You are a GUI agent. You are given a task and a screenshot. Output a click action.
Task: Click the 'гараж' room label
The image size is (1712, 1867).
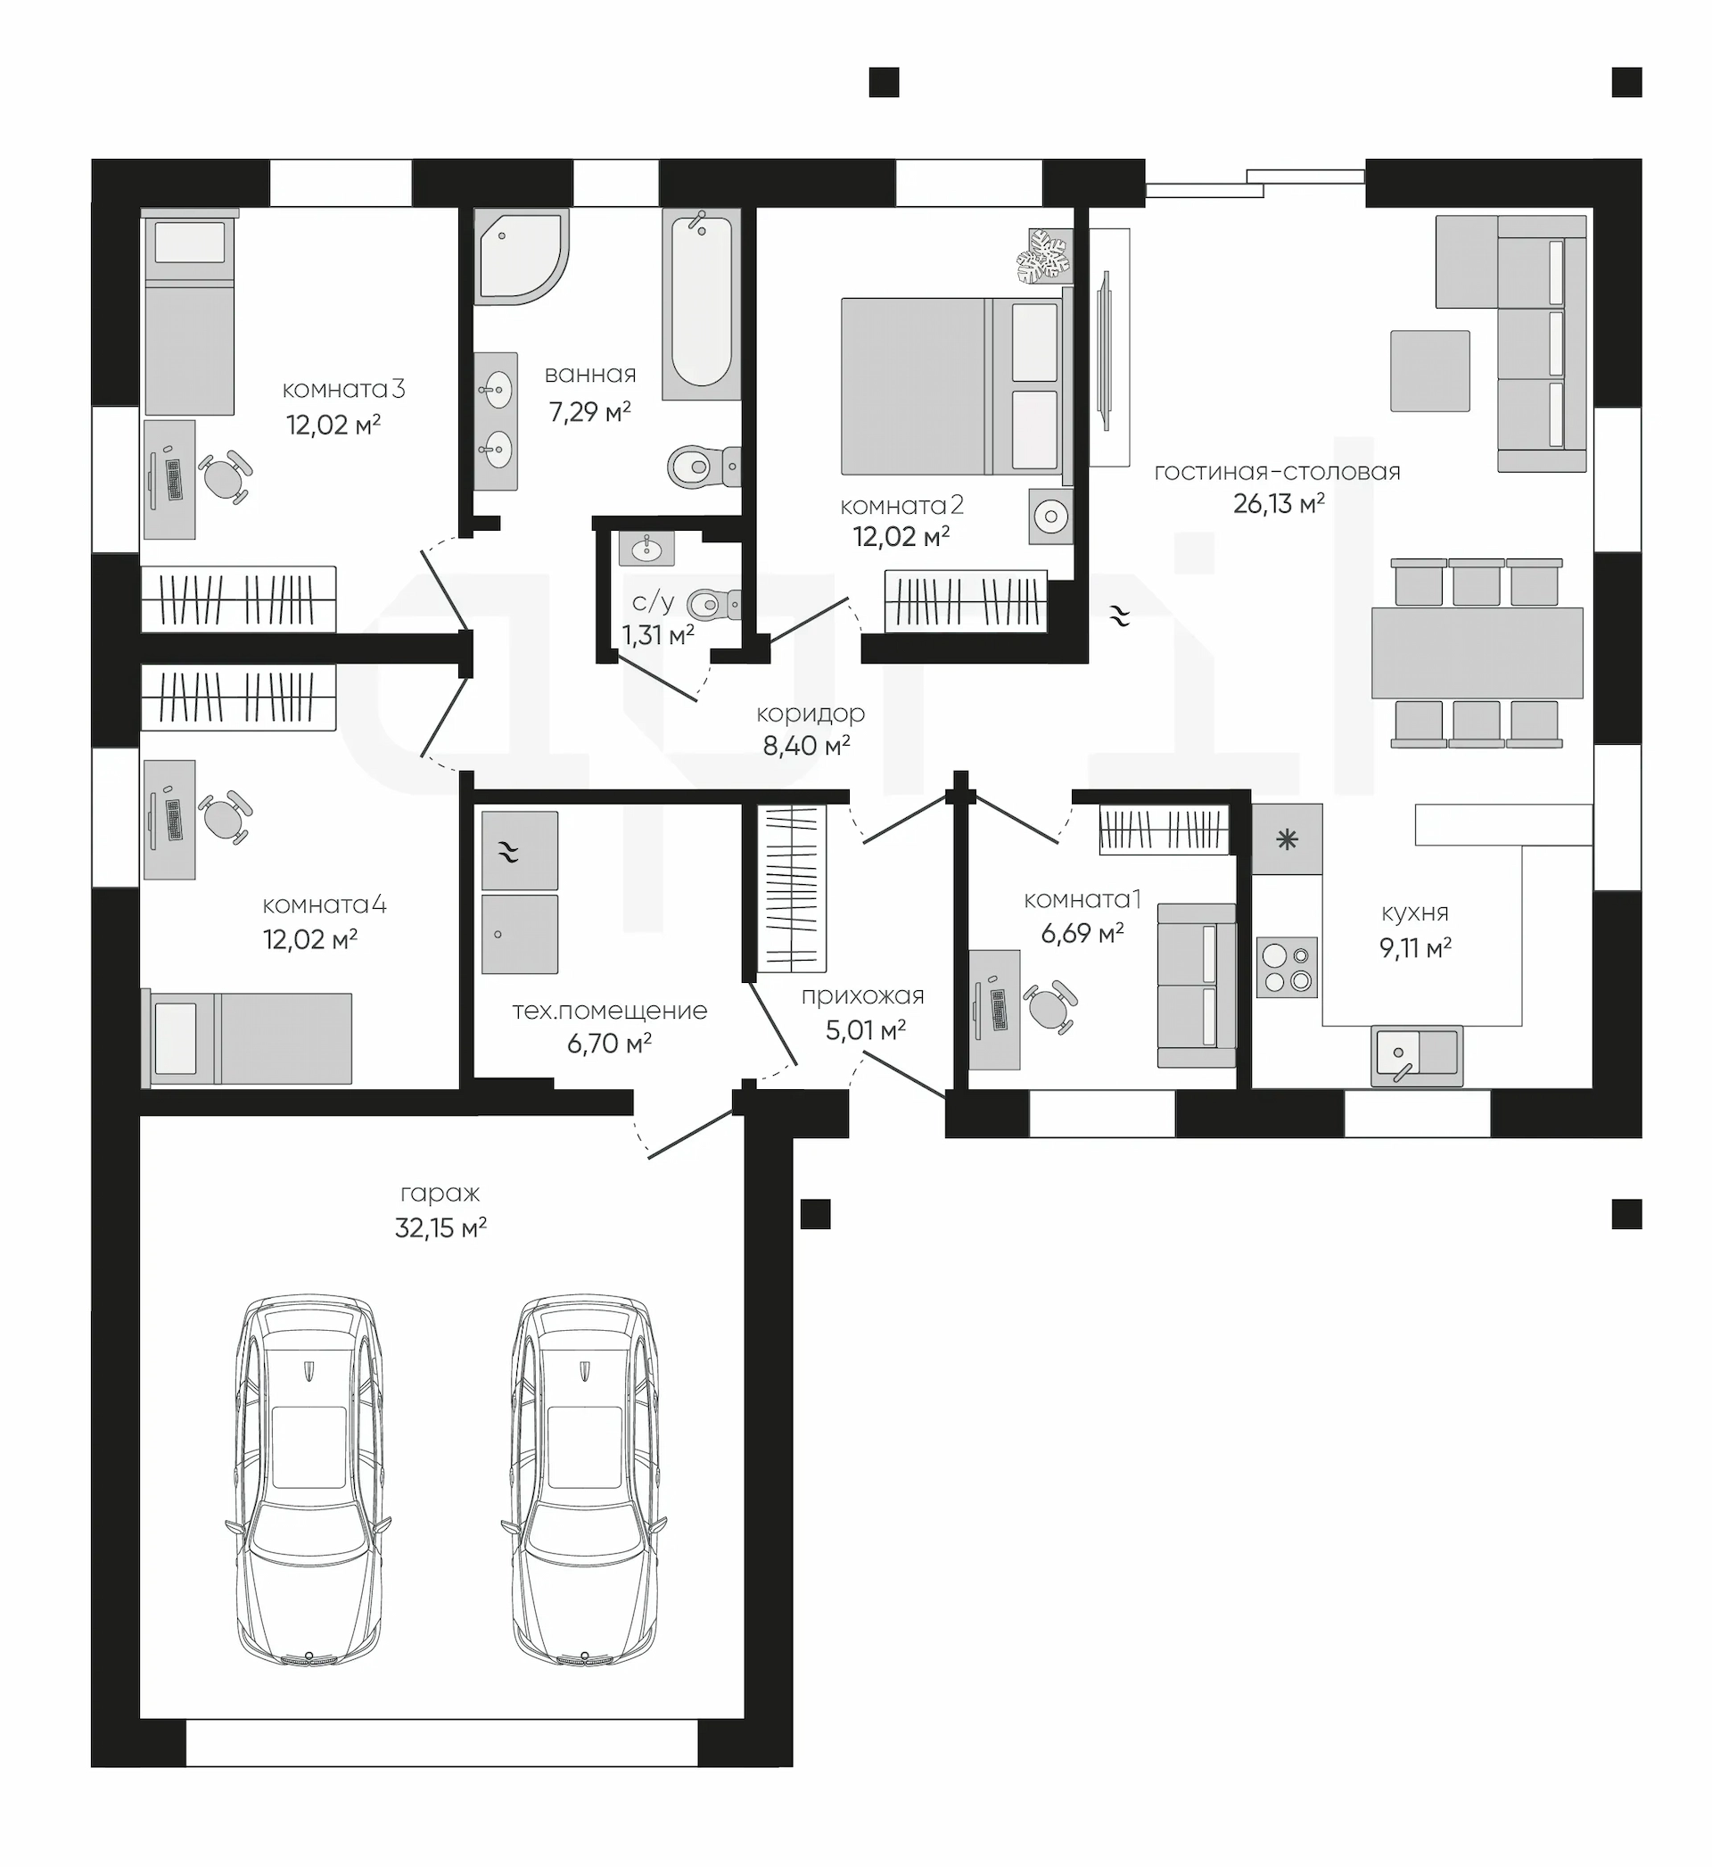click(x=440, y=1194)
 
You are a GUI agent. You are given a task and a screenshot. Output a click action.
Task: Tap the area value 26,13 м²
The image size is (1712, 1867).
click(x=1279, y=504)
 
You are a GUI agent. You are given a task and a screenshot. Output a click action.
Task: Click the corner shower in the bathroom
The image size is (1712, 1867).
click(x=521, y=256)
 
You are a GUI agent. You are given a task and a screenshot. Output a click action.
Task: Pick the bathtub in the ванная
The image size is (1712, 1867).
click(x=701, y=303)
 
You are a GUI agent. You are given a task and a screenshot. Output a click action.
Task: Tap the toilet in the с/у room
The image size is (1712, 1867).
click(x=714, y=605)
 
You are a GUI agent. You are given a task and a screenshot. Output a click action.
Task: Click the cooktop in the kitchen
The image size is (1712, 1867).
click(x=1287, y=967)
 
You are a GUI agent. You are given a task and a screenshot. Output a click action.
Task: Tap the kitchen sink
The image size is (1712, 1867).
click(x=1417, y=1056)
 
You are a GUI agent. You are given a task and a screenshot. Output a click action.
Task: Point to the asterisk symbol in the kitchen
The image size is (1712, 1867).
click(x=1288, y=840)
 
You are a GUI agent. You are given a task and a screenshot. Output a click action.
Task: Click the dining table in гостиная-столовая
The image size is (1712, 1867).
click(x=1477, y=652)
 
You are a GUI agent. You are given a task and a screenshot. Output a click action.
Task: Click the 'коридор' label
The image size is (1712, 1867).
click(x=811, y=714)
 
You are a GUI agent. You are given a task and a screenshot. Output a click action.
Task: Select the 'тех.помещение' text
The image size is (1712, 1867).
click(x=610, y=1011)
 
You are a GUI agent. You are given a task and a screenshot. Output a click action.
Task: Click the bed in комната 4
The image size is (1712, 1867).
click(x=247, y=1038)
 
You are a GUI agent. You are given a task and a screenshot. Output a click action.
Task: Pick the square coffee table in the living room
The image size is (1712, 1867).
click(x=1429, y=370)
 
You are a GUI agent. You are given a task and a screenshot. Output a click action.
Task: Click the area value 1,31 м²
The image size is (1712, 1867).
click(x=658, y=636)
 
